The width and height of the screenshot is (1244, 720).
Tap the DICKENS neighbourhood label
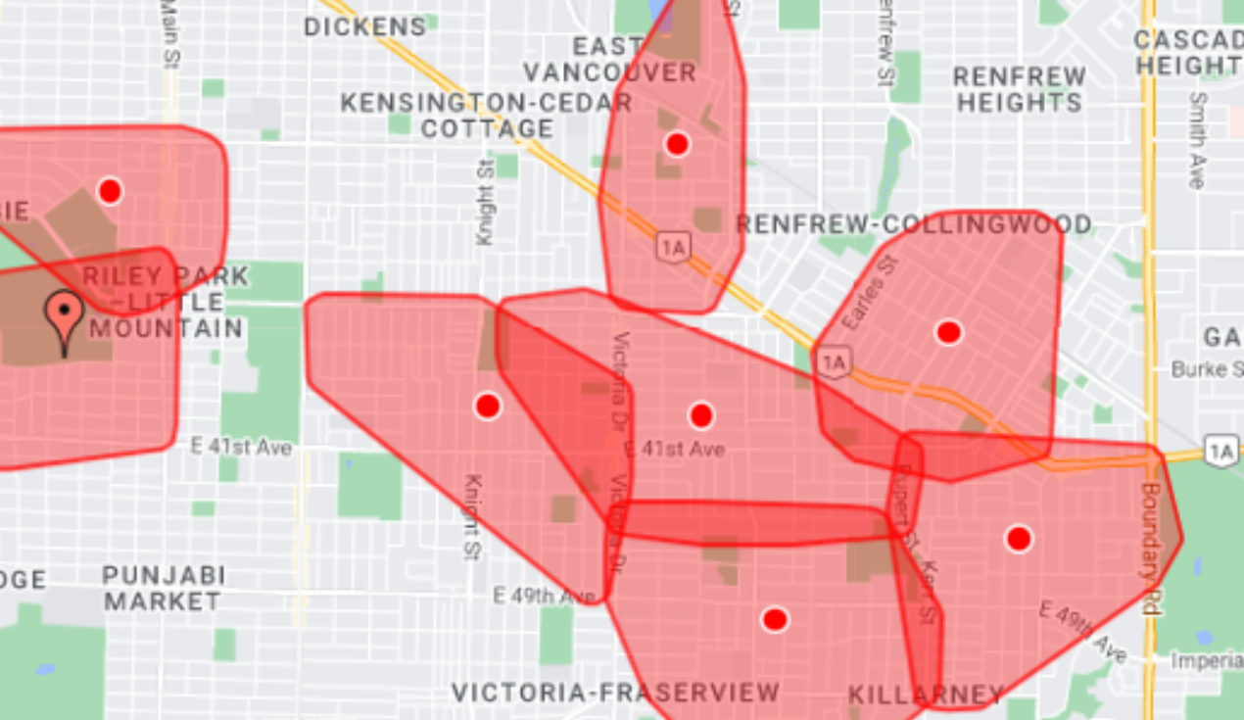[365, 26]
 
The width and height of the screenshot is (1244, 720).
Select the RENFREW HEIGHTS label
[1020, 89]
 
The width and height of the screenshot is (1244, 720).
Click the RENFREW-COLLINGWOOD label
[914, 224]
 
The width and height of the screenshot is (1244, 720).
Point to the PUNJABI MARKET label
[163, 588]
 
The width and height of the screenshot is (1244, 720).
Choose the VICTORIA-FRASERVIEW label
[615, 693]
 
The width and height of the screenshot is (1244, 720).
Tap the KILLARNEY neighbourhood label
[926, 696]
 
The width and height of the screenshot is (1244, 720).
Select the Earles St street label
[871, 292]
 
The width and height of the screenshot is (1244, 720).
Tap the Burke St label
[1207, 369]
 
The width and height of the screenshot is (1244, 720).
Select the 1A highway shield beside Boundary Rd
[1221, 452]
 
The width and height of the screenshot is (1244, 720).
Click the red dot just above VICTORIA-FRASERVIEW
[775, 619]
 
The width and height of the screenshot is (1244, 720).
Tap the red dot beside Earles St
[947, 332]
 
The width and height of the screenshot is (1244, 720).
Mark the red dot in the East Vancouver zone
[677, 144]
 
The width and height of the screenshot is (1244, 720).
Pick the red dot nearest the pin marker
[110, 190]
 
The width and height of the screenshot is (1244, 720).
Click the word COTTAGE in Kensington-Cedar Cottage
[488, 128]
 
